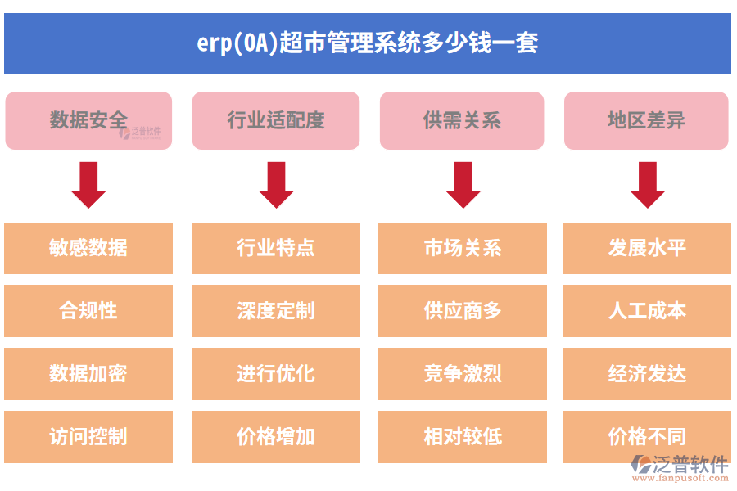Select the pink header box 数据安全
[x=88, y=120]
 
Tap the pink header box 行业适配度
[x=276, y=120]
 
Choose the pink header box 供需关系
[x=462, y=120]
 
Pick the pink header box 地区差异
[x=646, y=120]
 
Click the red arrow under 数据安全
[x=88, y=185]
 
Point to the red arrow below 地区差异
[x=647, y=185]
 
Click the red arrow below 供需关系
[x=463, y=185]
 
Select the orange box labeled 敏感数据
[x=88, y=248]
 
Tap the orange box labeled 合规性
[x=88, y=311]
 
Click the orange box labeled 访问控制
[x=88, y=437]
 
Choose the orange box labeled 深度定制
[x=276, y=311]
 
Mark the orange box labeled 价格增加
[x=276, y=437]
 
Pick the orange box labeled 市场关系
[x=463, y=248]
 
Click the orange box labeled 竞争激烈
[x=463, y=374]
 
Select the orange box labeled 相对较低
[x=463, y=437]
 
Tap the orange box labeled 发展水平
[x=647, y=248]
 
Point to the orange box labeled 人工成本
[x=647, y=311]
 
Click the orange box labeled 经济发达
[x=647, y=374]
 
